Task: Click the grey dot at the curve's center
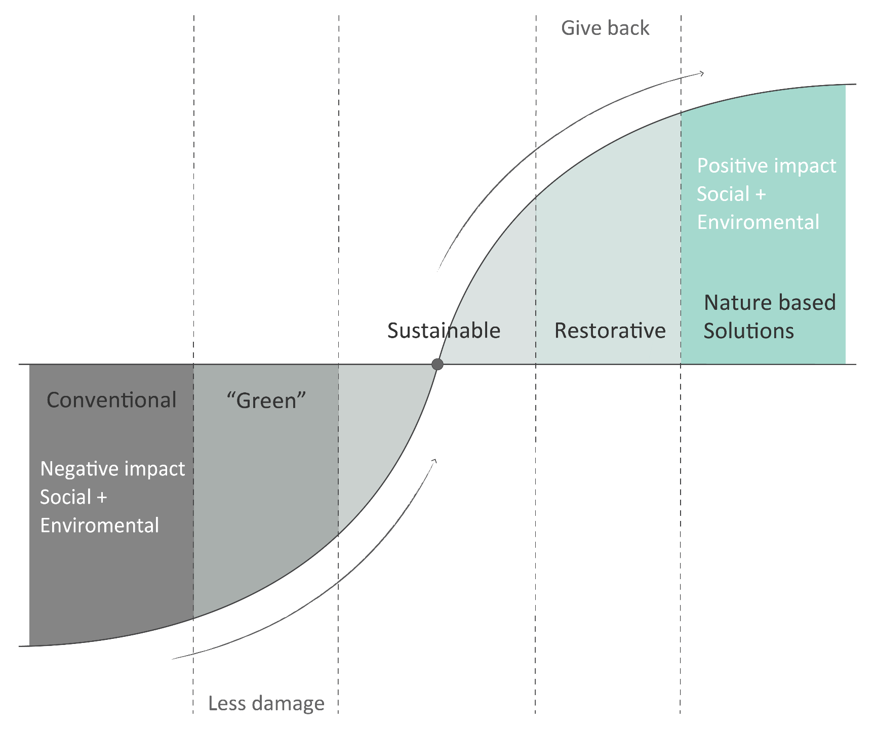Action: (437, 364)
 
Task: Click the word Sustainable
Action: (444, 331)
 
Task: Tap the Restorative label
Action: (610, 331)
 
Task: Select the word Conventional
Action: (111, 400)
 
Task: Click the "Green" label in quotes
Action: (266, 400)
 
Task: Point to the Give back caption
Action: (605, 28)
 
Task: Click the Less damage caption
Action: (266, 703)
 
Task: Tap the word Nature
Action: (727, 303)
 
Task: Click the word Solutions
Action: (748, 331)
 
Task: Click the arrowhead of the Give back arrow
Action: (701, 74)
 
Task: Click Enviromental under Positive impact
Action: (758, 222)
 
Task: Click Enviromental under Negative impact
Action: (100, 525)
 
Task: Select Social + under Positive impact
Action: (731, 194)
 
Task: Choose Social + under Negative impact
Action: (73, 497)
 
